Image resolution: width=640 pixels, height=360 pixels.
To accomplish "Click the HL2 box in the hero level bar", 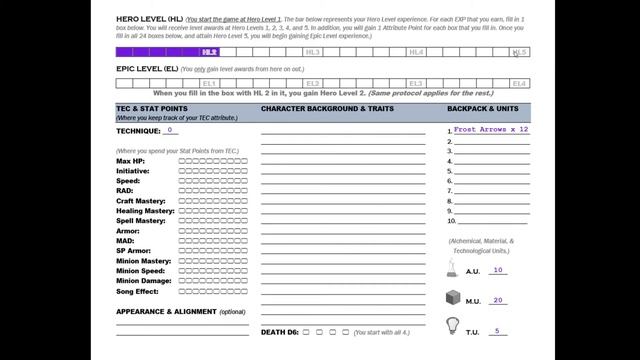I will (x=209, y=52).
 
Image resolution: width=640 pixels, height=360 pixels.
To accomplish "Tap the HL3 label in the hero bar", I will (x=313, y=52).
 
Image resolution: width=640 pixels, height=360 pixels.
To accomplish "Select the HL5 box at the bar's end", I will (x=519, y=52).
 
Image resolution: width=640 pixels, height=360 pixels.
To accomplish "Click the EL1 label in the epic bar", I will (x=209, y=84).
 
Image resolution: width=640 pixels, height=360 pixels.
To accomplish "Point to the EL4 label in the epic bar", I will (x=519, y=84).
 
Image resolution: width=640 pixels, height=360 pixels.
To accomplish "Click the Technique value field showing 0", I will (x=172, y=130).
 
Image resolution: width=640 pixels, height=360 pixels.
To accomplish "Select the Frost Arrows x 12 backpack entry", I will (x=491, y=130).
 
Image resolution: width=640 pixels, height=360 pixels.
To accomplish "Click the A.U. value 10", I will (x=497, y=270).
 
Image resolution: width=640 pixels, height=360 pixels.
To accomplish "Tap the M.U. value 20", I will (x=497, y=300).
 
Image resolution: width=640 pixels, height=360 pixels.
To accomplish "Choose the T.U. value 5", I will (x=497, y=331).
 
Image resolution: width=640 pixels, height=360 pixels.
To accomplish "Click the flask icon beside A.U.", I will (x=452, y=268).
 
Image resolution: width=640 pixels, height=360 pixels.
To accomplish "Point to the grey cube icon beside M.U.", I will (x=452, y=298).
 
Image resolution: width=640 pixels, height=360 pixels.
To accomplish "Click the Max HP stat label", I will (x=130, y=161).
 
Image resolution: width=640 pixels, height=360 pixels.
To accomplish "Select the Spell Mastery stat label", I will (x=141, y=221).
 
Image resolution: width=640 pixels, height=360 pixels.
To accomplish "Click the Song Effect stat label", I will (x=137, y=291).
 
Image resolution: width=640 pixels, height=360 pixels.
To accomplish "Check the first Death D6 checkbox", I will (x=306, y=332).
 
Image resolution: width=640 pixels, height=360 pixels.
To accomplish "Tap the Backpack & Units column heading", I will (x=483, y=107).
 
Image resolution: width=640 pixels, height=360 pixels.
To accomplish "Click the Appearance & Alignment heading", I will (x=180, y=311).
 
